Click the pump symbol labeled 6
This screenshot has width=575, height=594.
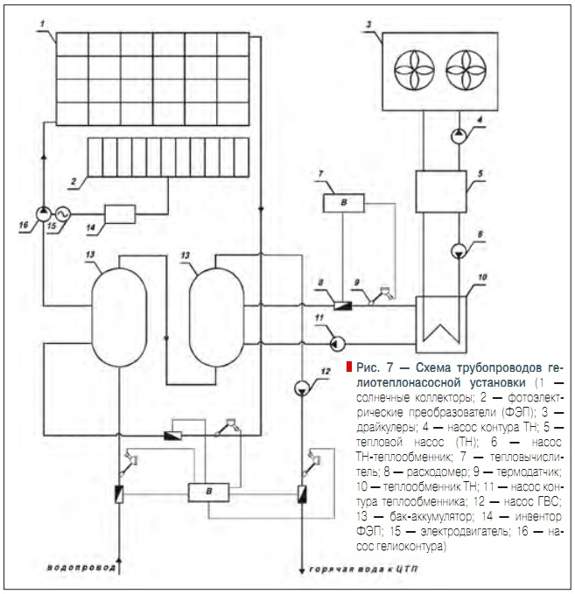[458, 252]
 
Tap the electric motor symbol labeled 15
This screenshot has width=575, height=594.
[61, 213]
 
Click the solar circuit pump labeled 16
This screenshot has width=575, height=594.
[44, 213]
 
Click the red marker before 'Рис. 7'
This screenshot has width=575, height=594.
[348, 366]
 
